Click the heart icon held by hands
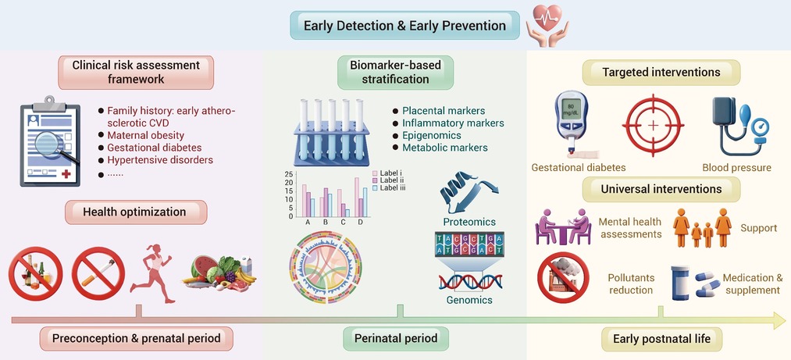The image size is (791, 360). click(547, 18)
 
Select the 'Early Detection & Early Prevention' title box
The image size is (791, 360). click(404, 25)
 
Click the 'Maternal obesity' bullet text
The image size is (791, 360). click(145, 135)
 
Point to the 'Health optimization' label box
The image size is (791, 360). click(136, 212)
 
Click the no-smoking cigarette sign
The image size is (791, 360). click(98, 273)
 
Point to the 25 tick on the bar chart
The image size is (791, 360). click(289, 174)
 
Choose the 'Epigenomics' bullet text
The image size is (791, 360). click(431, 136)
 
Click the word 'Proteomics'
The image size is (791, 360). click(469, 222)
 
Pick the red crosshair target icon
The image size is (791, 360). click(653, 125)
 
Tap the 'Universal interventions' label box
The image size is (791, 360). click(661, 190)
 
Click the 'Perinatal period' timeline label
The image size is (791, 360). click(396, 338)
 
